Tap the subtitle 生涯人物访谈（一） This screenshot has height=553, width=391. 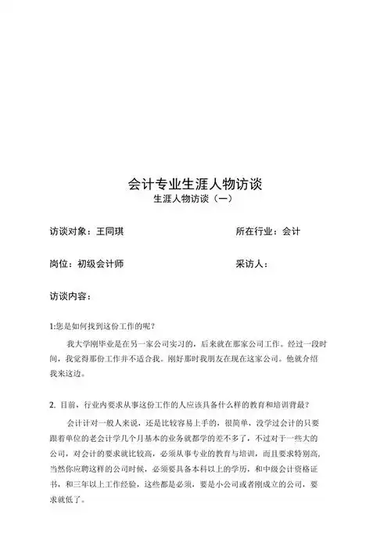click(x=195, y=201)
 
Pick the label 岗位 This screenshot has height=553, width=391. click(x=59, y=264)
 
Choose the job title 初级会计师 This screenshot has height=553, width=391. click(x=100, y=264)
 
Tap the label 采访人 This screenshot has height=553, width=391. click(x=252, y=264)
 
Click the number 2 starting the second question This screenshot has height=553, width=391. click(x=51, y=405)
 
